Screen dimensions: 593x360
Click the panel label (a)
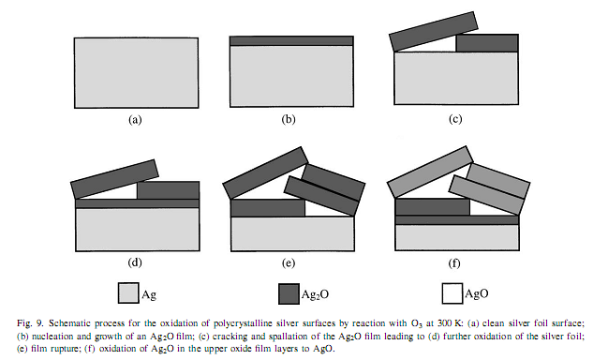coord(135,120)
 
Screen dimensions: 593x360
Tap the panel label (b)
coord(289,120)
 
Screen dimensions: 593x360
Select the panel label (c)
coord(455,119)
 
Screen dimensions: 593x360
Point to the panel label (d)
coord(135,262)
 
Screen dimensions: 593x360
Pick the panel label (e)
coord(289,262)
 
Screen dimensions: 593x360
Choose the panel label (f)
coord(454,262)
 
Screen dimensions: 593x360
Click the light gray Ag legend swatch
coord(128,293)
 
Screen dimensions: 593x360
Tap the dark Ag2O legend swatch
coord(289,293)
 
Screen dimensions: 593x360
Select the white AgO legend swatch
coord(452,293)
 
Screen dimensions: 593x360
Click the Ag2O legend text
coord(315,294)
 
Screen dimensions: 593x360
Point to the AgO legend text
coord(477,293)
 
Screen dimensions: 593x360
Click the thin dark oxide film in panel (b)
coord(291,41)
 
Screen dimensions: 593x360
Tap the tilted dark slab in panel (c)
coord(434,32)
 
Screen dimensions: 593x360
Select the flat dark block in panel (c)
coord(487,43)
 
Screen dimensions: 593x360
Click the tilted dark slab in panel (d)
coord(114,179)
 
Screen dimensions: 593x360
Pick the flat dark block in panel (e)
coord(268,208)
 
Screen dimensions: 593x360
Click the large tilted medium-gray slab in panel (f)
coord(430,172)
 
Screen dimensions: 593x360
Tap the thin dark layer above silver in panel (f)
coord(457,220)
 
